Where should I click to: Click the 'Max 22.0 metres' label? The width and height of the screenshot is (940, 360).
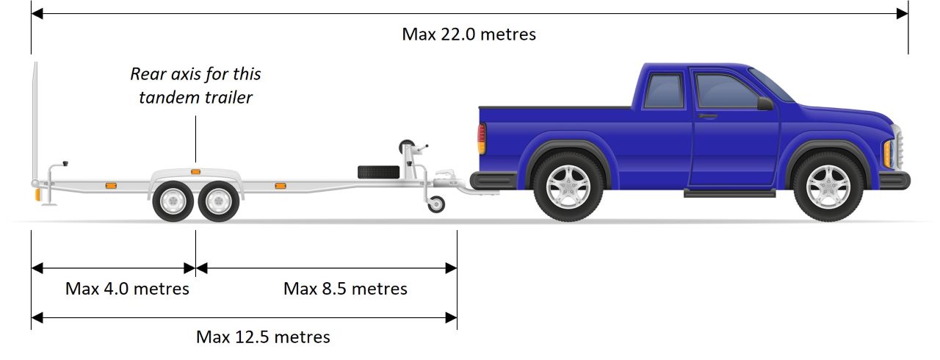[x=469, y=35]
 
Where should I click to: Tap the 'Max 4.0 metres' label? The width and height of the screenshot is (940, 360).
[x=127, y=289]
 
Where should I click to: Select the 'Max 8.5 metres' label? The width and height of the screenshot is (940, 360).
[x=345, y=289]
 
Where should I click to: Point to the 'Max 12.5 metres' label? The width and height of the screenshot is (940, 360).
[x=263, y=337]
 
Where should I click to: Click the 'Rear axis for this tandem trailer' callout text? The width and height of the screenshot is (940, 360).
[x=195, y=85]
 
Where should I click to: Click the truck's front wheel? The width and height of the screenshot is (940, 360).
[x=828, y=187]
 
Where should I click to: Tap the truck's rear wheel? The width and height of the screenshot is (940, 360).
[x=568, y=187]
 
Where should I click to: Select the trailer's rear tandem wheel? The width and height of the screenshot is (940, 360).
[x=173, y=200]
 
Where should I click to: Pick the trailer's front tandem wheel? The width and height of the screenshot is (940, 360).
[x=217, y=200]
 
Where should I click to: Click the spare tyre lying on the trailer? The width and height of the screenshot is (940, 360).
[x=378, y=172]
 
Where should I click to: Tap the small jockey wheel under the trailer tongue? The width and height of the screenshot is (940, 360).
[x=436, y=205]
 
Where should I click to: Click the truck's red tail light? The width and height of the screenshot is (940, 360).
[x=482, y=138]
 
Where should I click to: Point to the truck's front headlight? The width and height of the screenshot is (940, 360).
[x=888, y=152]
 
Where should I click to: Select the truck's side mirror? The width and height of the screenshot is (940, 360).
[x=764, y=104]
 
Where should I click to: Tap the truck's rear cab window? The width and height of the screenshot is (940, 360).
[x=663, y=90]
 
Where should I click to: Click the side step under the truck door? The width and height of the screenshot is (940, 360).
[x=729, y=193]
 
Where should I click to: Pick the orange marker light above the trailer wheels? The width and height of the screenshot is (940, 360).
[x=195, y=171]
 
